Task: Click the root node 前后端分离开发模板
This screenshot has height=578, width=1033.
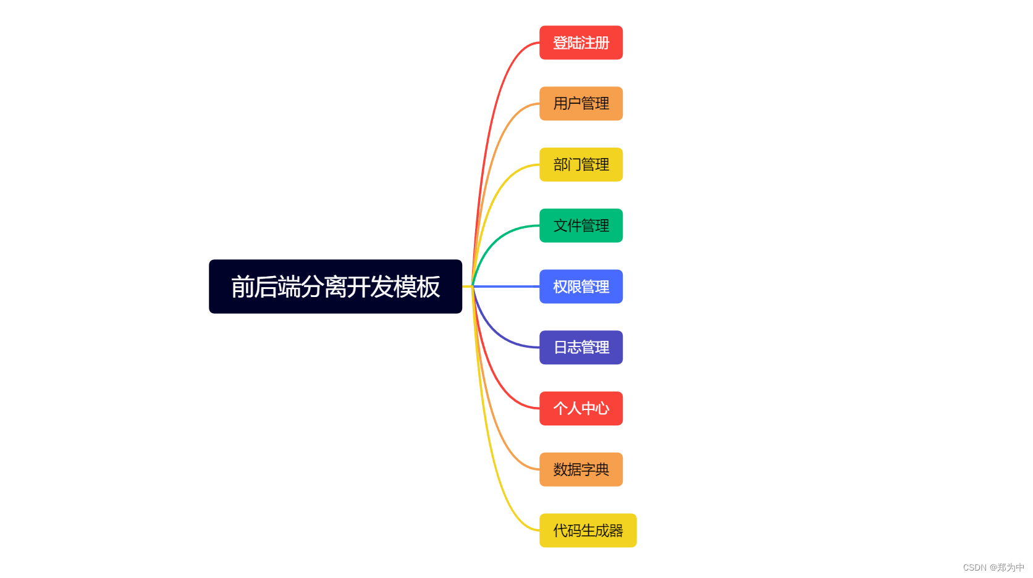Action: [335, 287]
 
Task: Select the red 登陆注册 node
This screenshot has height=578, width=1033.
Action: [581, 43]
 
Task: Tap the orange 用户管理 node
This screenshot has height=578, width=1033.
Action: [581, 104]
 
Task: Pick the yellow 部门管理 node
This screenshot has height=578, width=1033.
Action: [581, 165]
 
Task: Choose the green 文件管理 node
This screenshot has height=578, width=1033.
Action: [581, 226]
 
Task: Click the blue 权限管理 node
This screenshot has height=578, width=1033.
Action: [581, 287]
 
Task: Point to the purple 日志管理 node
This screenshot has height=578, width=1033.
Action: [581, 348]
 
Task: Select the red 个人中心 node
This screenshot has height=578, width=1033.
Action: [581, 409]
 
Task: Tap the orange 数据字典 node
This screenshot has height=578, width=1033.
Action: [581, 470]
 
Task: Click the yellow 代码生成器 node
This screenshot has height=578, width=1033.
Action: [588, 530]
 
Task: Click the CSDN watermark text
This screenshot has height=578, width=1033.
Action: [993, 568]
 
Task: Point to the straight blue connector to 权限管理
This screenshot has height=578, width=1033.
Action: [507, 287]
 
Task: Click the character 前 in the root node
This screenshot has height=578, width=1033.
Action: [243, 287]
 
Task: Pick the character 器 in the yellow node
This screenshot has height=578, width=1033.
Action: [616, 530]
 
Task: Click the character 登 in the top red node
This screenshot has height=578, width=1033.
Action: [560, 43]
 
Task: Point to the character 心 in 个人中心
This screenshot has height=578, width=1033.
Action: [602, 409]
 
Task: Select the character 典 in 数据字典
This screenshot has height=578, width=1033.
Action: [602, 470]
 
